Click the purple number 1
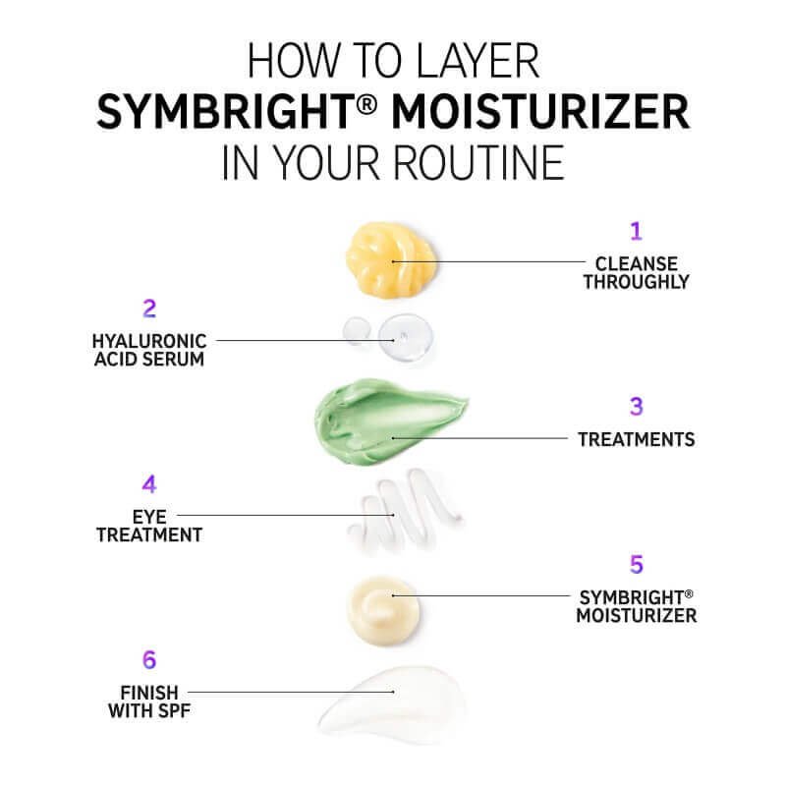click(x=636, y=231)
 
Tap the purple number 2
click(x=149, y=309)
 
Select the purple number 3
click(x=636, y=407)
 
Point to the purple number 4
click(x=149, y=484)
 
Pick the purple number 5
click(x=637, y=564)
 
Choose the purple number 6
click(x=149, y=659)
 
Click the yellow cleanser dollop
click(x=391, y=259)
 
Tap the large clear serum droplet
click(x=406, y=337)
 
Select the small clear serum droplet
click(x=357, y=330)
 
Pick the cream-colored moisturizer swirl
click(x=383, y=610)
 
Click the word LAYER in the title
click(x=477, y=61)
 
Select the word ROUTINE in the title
click(x=478, y=162)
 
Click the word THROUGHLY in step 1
click(x=636, y=282)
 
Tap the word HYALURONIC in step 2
click(x=149, y=341)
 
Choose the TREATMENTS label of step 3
click(x=636, y=439)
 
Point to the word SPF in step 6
click(x=174, y=710)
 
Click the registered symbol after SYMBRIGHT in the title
click(x=367, y=106)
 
